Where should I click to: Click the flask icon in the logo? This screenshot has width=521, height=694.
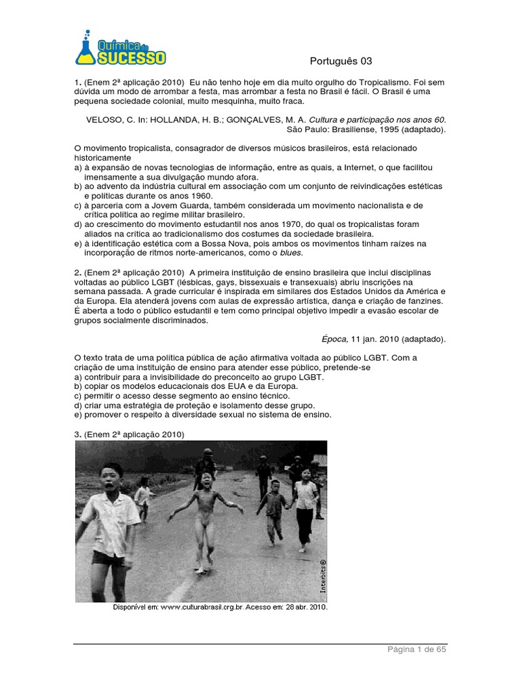(x=87, y=49)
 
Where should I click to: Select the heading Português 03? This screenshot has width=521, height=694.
(x=341, y=61)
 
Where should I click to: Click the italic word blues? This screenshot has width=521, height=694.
(x=291, y=252)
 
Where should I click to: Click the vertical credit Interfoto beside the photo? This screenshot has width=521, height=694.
(x=324, y=575)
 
